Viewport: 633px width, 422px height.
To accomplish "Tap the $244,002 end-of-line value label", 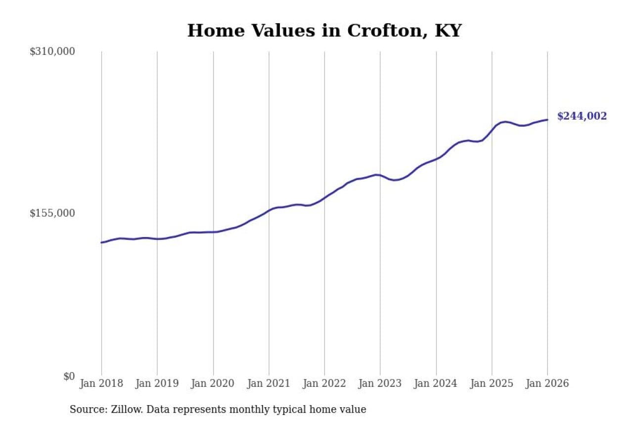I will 582,116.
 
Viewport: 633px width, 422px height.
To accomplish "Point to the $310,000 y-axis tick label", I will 52,51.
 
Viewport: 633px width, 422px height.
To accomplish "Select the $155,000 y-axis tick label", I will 52,213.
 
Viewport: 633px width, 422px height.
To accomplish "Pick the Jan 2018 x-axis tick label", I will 101,384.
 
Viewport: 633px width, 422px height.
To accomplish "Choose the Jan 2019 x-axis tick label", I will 157,384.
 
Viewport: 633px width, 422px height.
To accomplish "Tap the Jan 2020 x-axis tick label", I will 213,384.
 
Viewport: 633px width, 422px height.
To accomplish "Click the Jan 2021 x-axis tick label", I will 269,384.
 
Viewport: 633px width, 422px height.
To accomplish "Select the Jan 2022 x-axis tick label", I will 324,384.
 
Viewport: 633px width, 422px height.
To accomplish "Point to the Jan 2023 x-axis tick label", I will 380,384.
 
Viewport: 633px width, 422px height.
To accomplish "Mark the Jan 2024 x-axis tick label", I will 436,384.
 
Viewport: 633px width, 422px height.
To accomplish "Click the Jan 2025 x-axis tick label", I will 492,384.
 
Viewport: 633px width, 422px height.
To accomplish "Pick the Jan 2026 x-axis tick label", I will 547,384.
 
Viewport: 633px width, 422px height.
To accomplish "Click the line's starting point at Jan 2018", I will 101,242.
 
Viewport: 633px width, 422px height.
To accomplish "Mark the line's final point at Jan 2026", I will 547,119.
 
